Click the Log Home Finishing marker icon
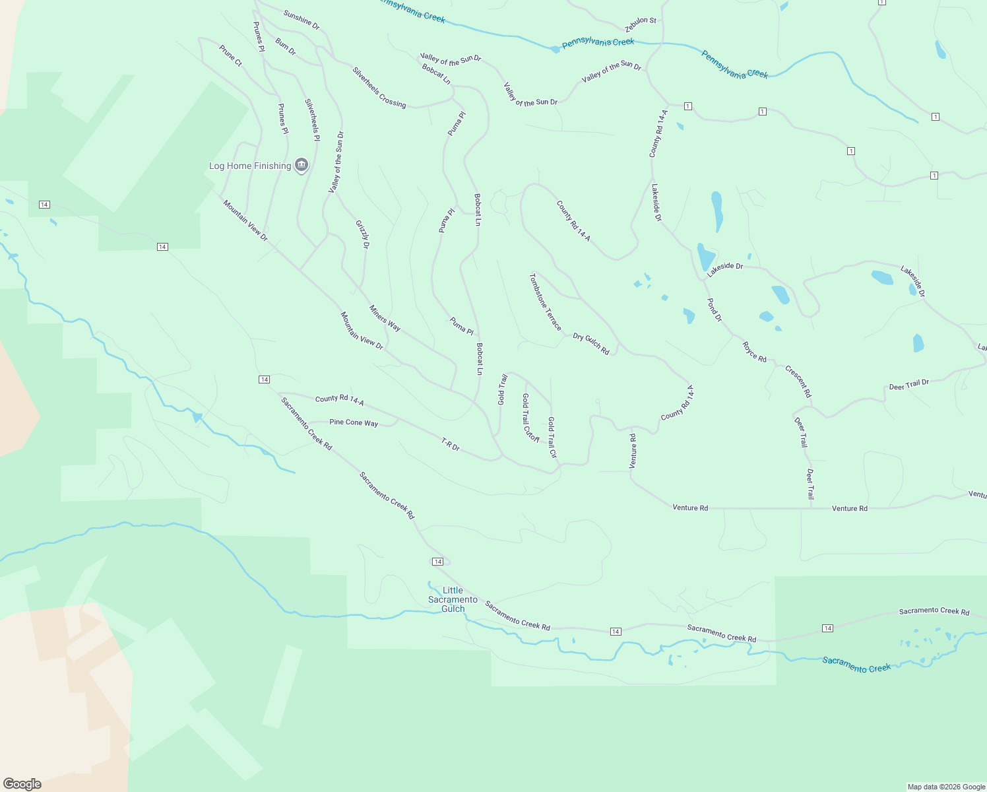(302, 165)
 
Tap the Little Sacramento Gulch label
(453, 599)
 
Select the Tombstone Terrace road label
(545, 302)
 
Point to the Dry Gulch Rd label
(591, 344)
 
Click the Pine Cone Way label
(354, 422)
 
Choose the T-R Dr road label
(450, 444)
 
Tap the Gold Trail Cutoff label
(530, 418)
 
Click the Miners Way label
(385, 318)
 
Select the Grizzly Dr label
(362, 234)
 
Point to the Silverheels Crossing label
(379, 87)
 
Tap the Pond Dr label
(715, 310)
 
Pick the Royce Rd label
(754, 352)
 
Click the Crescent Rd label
(798, 381)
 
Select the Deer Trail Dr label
(908, 385)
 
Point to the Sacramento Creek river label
(856, 665)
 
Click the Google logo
(22, 784)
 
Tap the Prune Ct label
(231, 55)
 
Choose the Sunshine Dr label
(302, 20)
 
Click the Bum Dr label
(286, 47)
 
